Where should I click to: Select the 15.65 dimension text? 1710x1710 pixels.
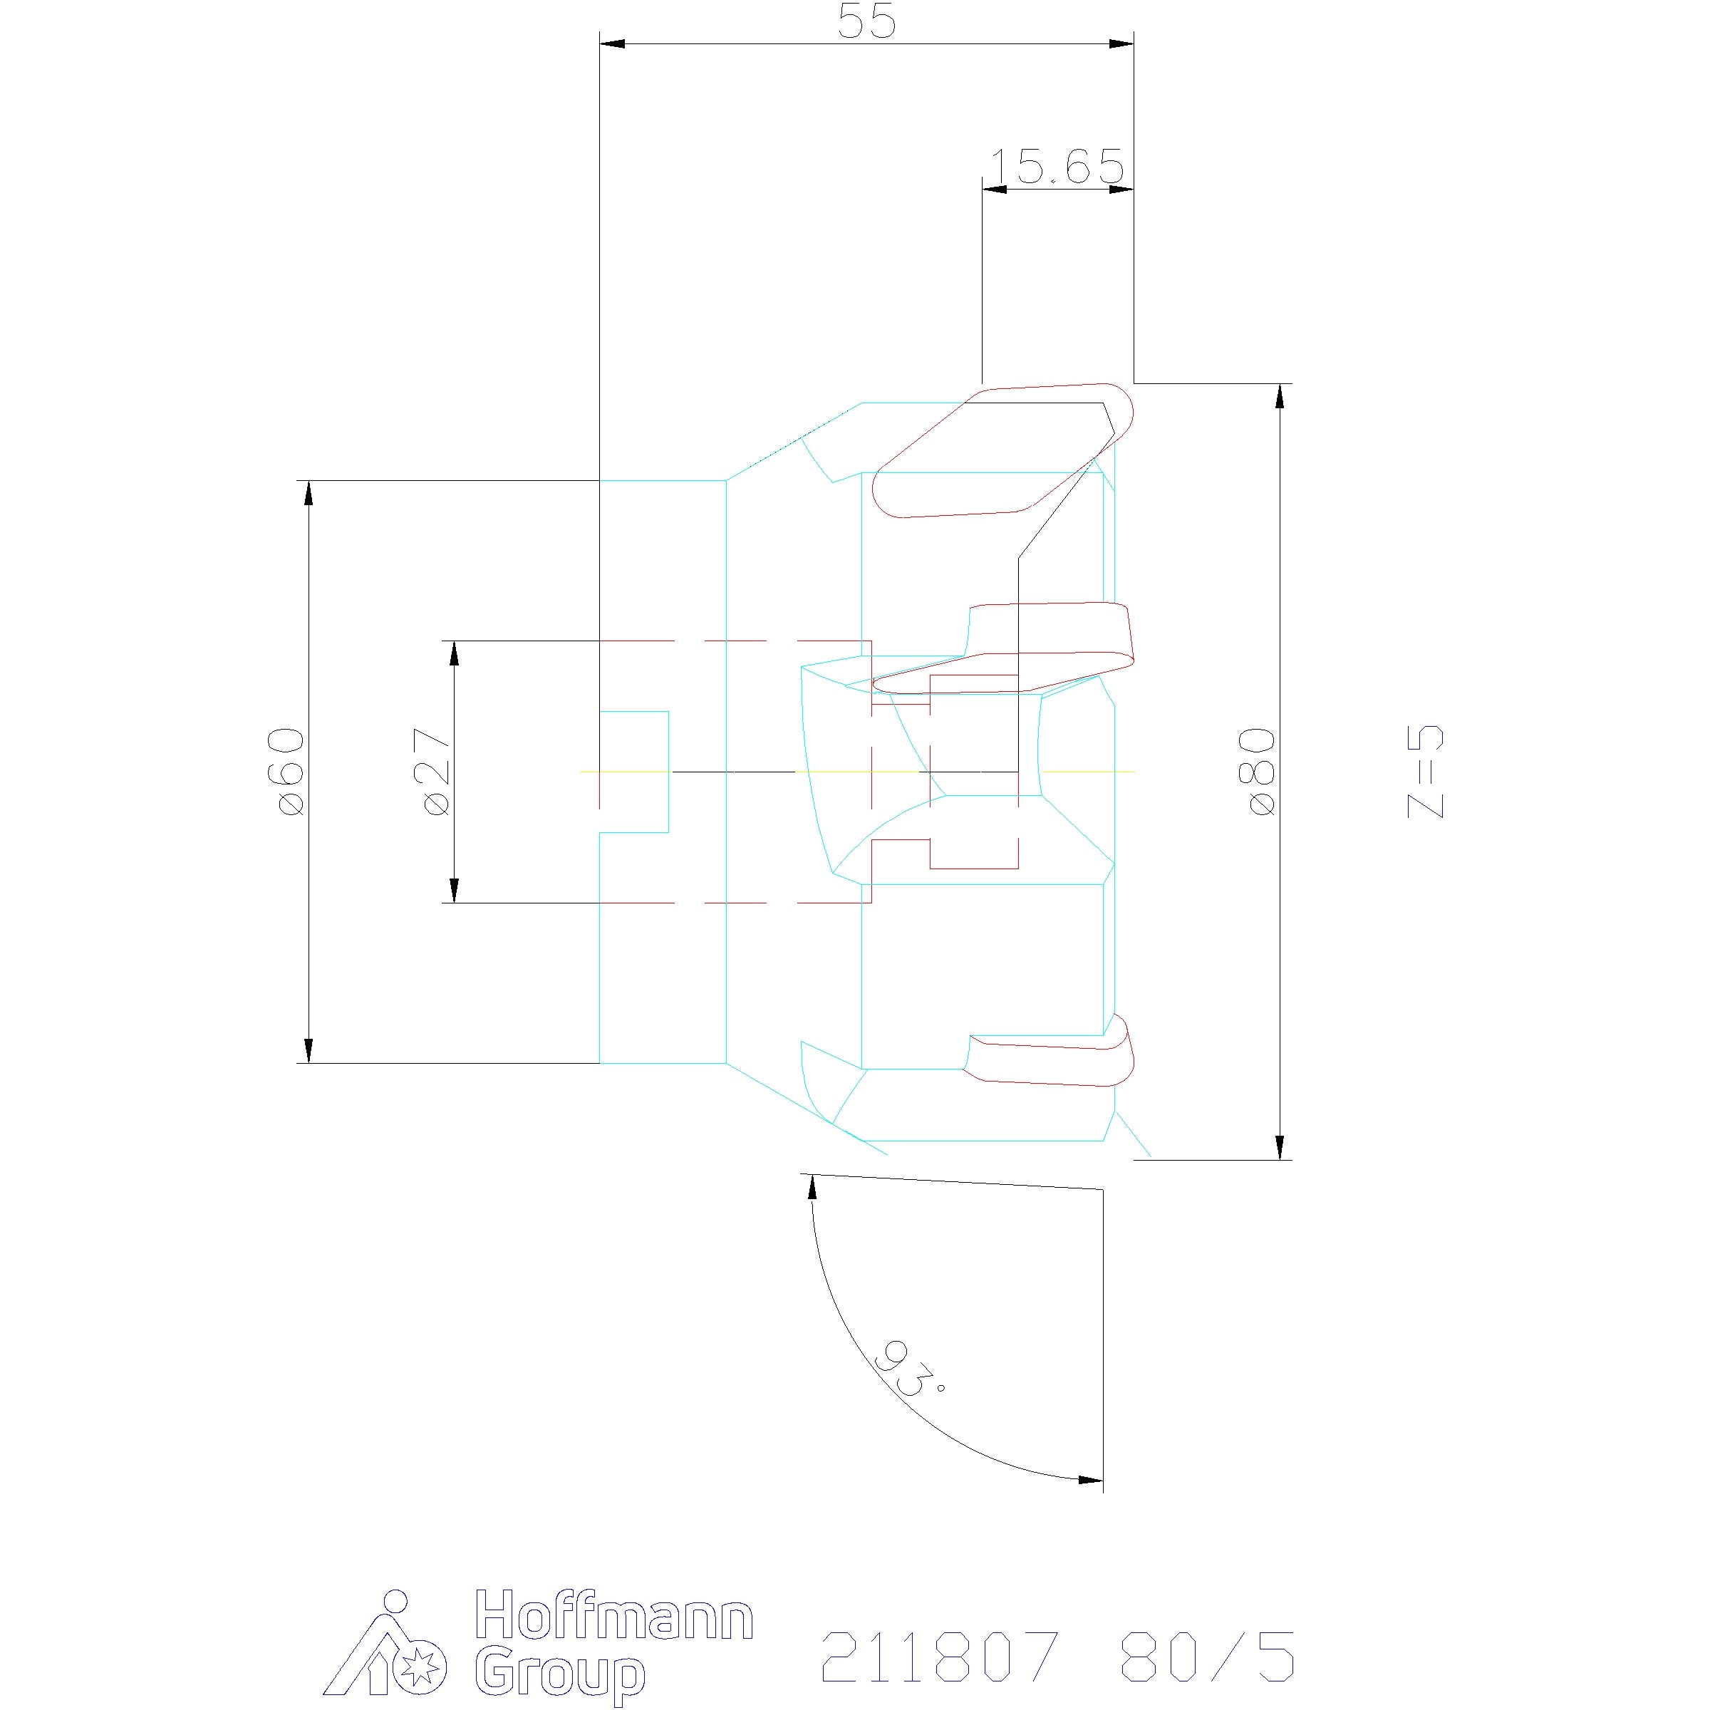coord(1056,167)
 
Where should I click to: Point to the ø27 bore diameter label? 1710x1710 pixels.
coord(435,771)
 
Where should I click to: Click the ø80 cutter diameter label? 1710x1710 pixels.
coord(1260,771)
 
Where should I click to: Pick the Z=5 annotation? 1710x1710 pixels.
coord(1426,771)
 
